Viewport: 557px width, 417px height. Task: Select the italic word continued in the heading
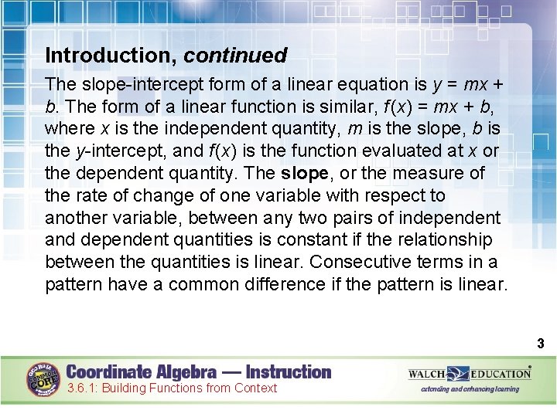235,56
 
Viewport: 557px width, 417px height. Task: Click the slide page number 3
540,344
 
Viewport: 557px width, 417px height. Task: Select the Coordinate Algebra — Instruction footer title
199,371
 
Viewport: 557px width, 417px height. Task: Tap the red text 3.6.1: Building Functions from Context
172,388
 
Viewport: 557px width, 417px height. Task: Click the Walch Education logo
470,374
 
